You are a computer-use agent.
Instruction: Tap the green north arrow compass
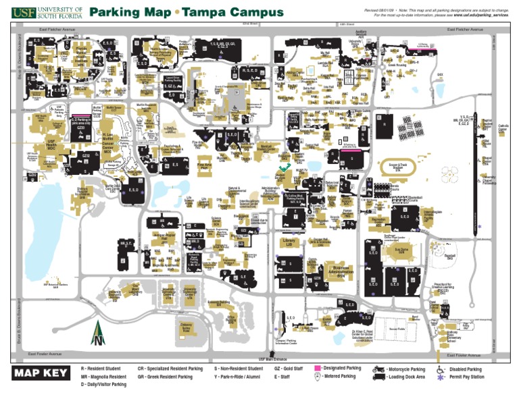[99, 333]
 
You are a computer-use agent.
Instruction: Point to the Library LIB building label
[288, 242]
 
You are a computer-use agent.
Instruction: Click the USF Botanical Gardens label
[55, 285]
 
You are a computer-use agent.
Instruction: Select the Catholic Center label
[504, 128]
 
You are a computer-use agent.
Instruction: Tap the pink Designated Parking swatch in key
[320, 369]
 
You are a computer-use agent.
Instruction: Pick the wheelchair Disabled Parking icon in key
[441, 369]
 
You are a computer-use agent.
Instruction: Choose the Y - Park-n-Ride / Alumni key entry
[238, 377]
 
